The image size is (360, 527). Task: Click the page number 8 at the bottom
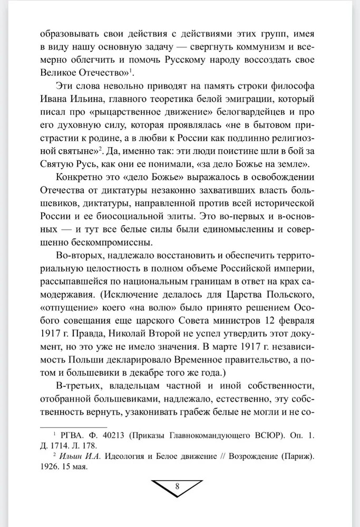click(x=177, y=486)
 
